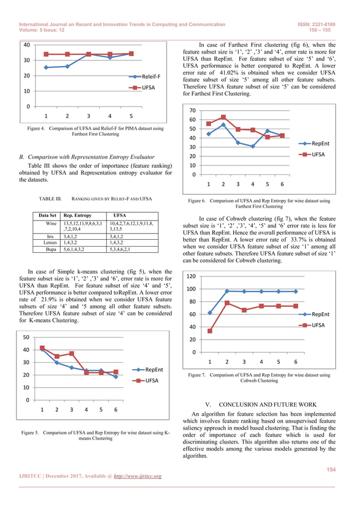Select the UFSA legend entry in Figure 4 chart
tap(148, 88)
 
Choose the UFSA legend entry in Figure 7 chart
tap(318, 325)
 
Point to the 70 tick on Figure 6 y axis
tap(192, 111)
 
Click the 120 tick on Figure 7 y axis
tap(191, 277)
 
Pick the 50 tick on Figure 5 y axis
tap(26, 337)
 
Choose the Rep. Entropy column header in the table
tap(77, 216)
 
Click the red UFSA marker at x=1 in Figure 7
tap(210, 331)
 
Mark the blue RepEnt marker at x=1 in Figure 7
tap(210, 313)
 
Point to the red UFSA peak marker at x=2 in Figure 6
tap(223, 117)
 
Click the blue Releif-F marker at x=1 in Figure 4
tap(46, 68)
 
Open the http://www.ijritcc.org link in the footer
tap(134, 476)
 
